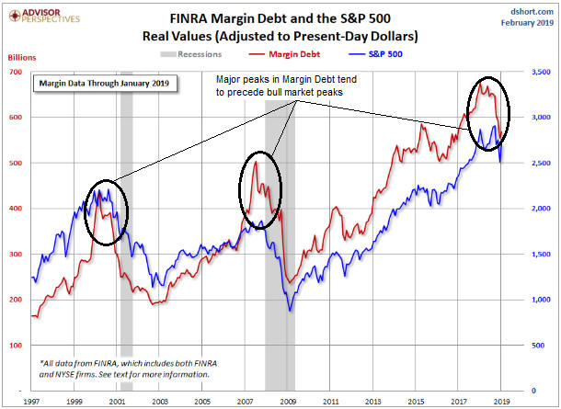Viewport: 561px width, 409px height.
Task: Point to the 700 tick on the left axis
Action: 17,72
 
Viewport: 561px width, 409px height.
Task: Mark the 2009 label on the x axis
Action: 288,402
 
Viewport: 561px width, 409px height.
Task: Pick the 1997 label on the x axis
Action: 33,402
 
